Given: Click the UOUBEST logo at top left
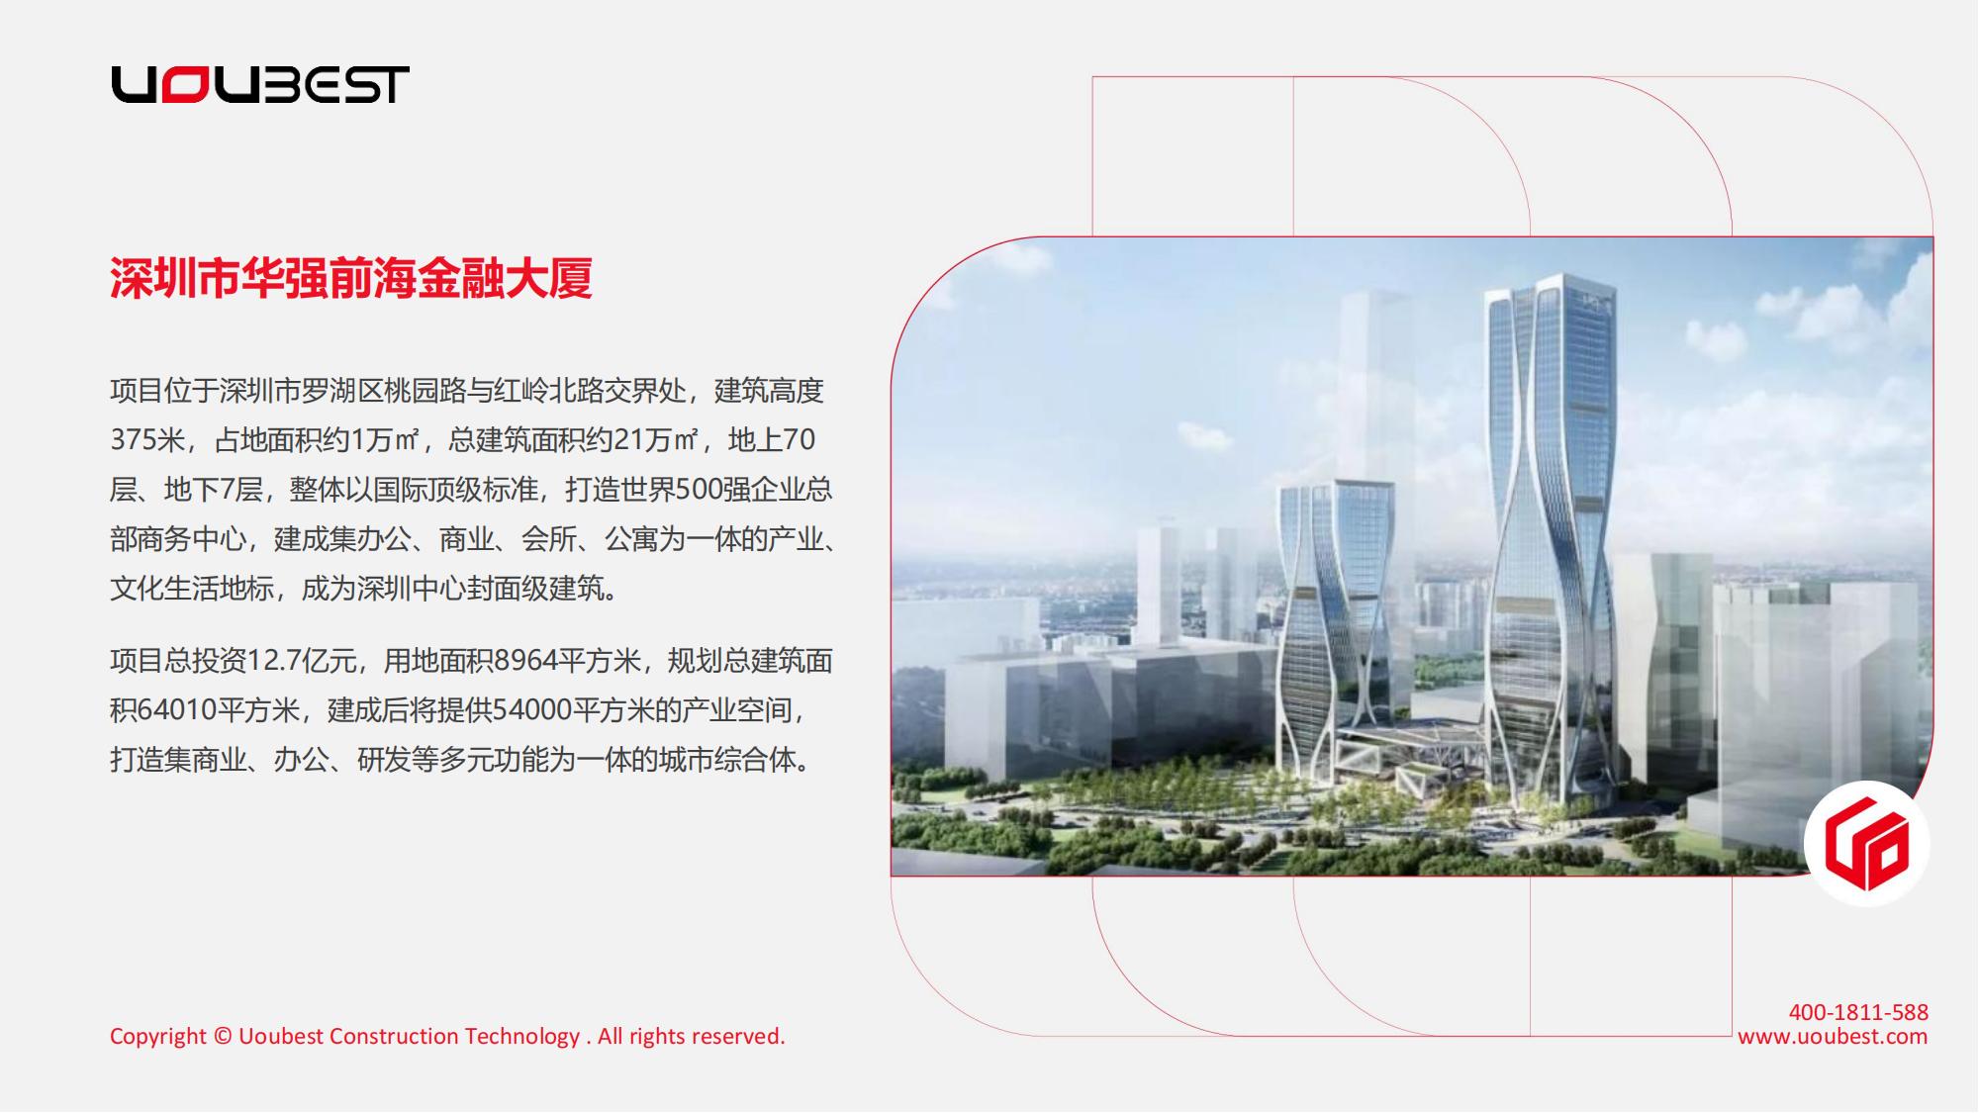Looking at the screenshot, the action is coord(260,85).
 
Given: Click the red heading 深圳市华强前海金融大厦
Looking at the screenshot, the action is coord(351,278).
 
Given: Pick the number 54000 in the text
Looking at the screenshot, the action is coord(531,709).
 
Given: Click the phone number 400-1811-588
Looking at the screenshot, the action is coord(1858,1012).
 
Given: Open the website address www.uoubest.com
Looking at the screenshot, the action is coord(1833,1036).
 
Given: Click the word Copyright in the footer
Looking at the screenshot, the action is coord(158,1037).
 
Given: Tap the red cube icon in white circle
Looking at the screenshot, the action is coord(1866,843).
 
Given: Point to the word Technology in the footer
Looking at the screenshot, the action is coord(522,1037).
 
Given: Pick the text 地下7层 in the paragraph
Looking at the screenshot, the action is coord(213,489).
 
